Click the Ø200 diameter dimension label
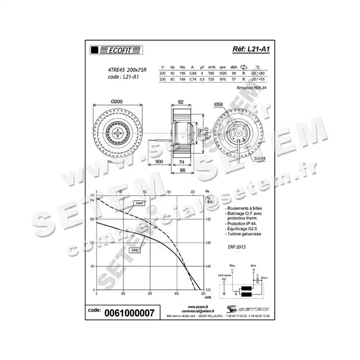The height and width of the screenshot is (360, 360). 117,101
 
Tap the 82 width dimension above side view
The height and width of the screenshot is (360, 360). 180,102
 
